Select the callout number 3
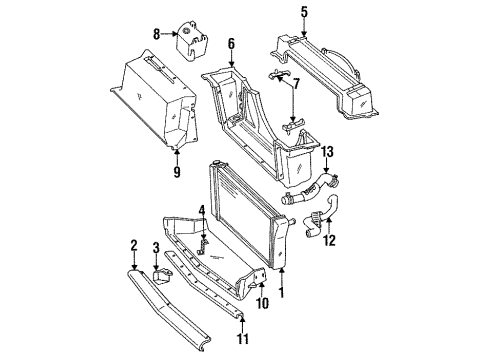click(x=154, y=247)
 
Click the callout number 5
click(x=303, y=12)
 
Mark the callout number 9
click(x=175, y=172)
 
